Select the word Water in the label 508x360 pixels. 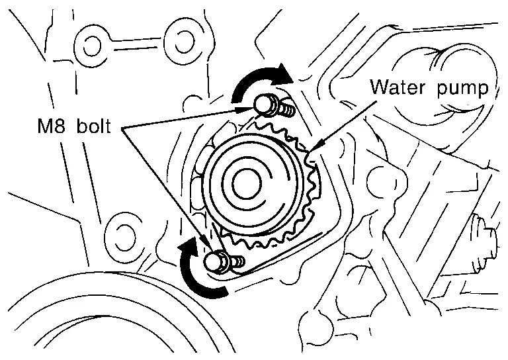[x=394, y=87]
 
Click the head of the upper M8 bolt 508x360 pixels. [x=263, y=103]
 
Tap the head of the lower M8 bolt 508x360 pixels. [x=213, y=261]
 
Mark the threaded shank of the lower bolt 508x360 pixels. [x=236, y=263]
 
